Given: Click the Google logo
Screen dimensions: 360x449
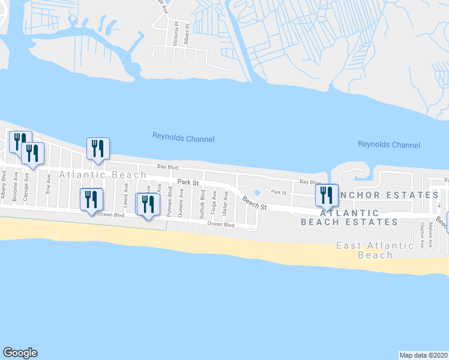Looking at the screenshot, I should [20, 353].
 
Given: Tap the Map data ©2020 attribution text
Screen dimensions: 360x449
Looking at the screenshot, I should [424, 355].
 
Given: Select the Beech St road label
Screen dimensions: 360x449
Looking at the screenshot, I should [255, 203].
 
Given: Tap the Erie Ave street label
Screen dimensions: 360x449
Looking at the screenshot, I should [48, 182].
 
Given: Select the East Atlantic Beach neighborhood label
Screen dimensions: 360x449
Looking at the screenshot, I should [375, 250].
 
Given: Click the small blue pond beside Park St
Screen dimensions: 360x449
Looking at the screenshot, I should [256, 193].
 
